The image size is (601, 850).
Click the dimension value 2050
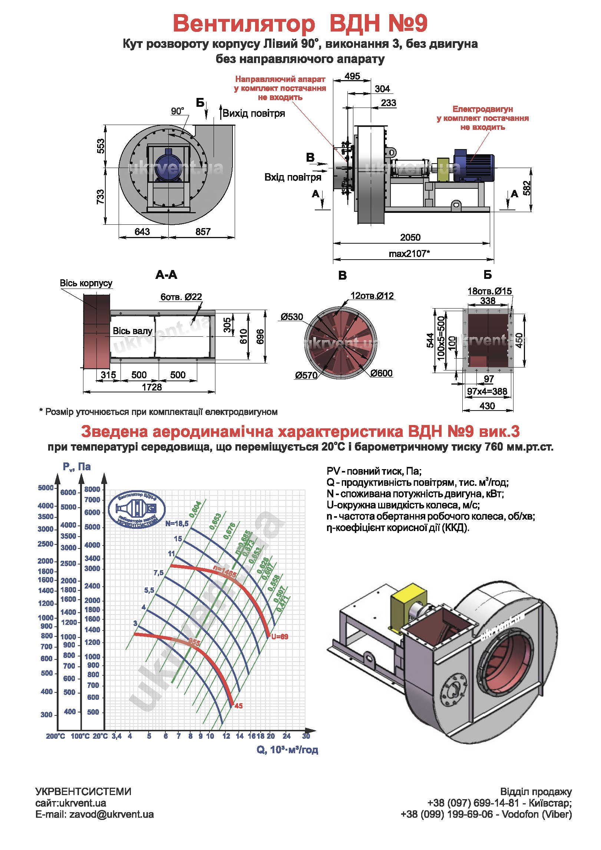click(x=410, y=237)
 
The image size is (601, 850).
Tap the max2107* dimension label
click(x=409, y=254)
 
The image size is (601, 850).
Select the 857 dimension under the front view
click(x=203, y=232)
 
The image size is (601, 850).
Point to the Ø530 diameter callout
click(x=292, y=317)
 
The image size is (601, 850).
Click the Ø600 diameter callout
click(x=381, y=373)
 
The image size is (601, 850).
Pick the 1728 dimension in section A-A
click(x=152, y=387)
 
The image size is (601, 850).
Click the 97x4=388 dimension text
click(x=487, y=391)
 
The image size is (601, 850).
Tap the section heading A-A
click(x=166, y=275)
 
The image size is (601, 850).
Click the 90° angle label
click(x=178, y=111)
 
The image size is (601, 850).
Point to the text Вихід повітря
click(x=254, y=113)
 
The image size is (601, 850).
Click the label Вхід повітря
click(x=293, y=177)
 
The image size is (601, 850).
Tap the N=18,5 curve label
click(x=177, y=524)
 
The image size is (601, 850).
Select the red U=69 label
click(x=280, y=637)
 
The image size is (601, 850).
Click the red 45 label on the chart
click(x=238, y=706)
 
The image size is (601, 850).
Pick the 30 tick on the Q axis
click(x=306, y=736)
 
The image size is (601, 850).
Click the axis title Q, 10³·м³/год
click(x=287, y=749)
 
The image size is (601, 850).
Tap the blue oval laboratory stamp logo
click(x=136, y=509)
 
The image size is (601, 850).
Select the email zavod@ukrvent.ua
click(x=111, y=814)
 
